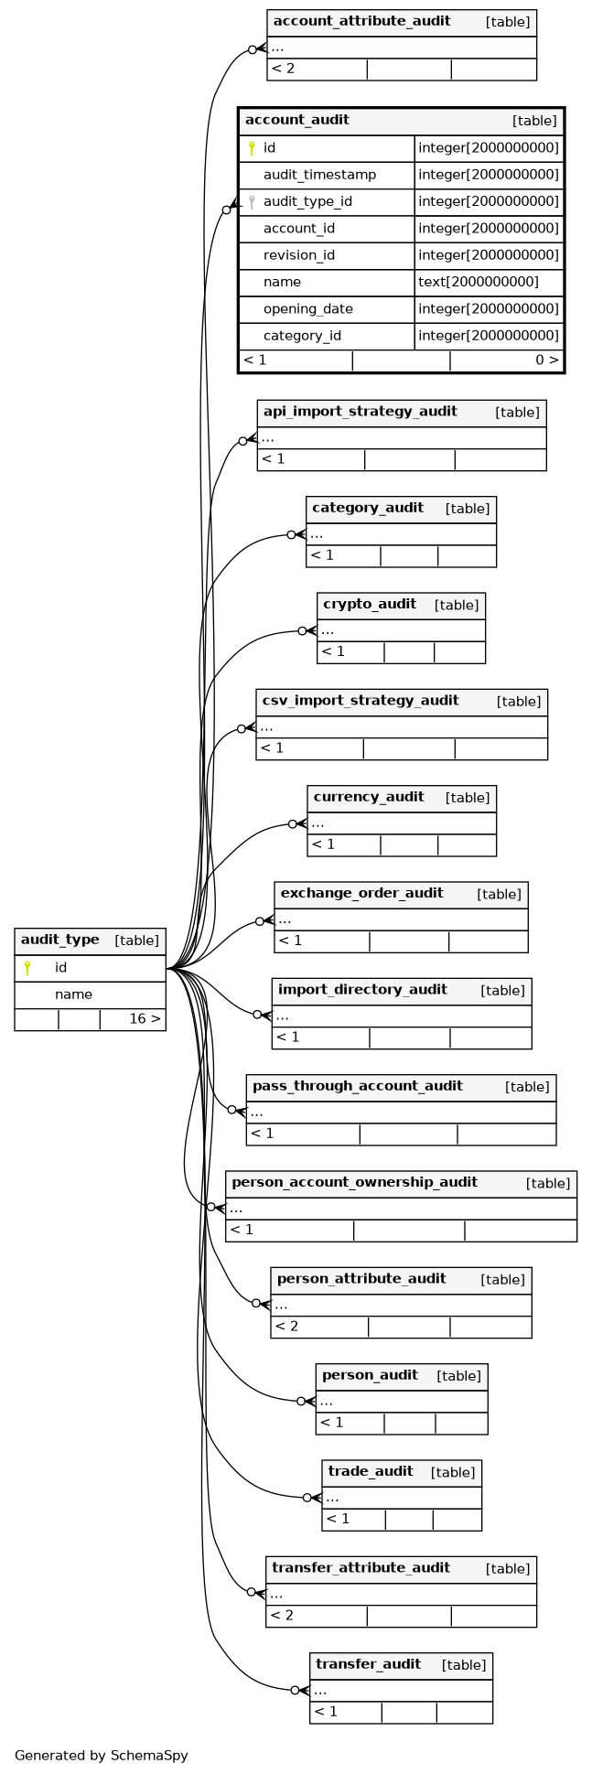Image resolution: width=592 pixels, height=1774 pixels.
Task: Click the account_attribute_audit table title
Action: click(x=361, y=21)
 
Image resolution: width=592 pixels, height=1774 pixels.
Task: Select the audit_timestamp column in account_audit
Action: click(x=319, y=175)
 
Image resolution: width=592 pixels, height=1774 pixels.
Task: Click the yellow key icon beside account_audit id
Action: click(x=252, y=148)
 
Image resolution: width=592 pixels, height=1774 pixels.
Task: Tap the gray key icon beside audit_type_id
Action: click(x=252, y=202)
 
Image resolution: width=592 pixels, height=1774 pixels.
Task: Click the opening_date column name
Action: click(x=308, y=309)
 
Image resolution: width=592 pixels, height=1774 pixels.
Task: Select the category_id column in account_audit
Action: click(x=302, y=336)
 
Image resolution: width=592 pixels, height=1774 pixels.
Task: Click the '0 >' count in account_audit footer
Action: click(x=547, y=360)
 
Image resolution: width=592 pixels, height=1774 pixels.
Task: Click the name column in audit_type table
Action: click(x=73, y=995)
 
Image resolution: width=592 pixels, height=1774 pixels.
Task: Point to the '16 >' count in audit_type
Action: click(x=145, y=1018)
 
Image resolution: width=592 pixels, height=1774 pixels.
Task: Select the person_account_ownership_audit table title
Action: click(x=354, y=1182)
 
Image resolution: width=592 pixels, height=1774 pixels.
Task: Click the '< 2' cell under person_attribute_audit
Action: click(x=285, y=1326)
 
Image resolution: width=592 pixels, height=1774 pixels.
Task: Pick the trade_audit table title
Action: click(x=371, y=1471)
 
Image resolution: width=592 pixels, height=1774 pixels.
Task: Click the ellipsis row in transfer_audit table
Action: click(x=320, y=1691)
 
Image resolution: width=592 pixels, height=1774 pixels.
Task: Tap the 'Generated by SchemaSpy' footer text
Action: click(x=102, y=1755)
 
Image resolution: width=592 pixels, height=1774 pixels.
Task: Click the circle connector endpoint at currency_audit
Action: click(x=293, y=824)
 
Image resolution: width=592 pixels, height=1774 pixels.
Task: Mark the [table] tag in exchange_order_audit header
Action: click(x=500, y=894)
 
